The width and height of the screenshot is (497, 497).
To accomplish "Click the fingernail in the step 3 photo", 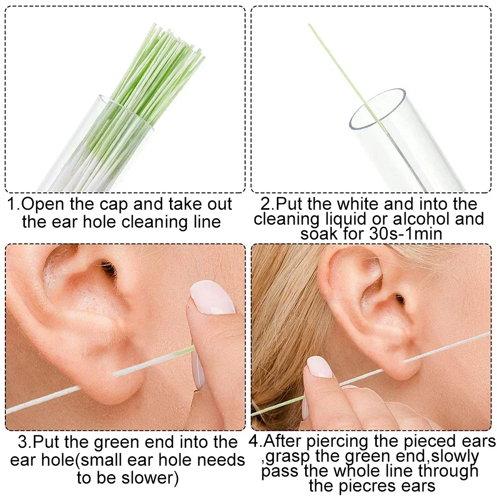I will click(213, 297).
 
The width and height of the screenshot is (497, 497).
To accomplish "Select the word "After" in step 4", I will click(293, 441).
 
